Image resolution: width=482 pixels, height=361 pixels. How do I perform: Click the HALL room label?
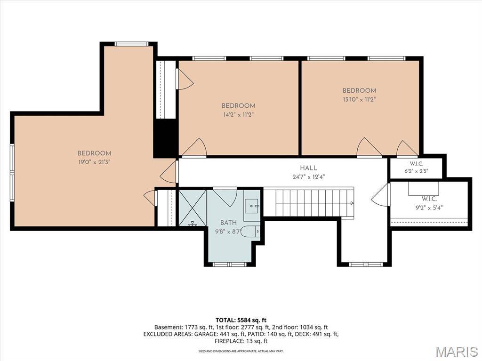pyautogui.click(x=308, y=168)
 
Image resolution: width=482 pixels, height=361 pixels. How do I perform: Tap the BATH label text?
pyautogui.click(x=228, y=223)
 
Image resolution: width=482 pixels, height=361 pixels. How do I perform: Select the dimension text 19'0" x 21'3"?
pyautogui.click(x=94, y=162)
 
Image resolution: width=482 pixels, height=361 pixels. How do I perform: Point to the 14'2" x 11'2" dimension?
pyautogui.click(x=239, y=115)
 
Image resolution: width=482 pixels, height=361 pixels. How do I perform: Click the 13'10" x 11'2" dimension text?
pyautogui.click(x=359, y=99)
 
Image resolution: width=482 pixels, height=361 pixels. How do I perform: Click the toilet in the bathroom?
pyautogui.click(x=250, y=232)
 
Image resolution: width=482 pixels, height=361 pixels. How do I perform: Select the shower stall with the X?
pyautogui.click(x=193, y=208)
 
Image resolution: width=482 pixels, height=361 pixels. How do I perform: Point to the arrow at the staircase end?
pyautogui.click(x=352, y=203)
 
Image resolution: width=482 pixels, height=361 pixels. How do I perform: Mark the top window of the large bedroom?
pyautogui.click(x=131, y=44)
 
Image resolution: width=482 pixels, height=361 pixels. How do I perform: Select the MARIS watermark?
pyautogui.click(x=457, y=351)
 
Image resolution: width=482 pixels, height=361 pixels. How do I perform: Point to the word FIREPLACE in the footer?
pyautogui.click(x=228, y=341)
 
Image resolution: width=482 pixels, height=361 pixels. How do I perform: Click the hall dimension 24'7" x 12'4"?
pyautogui.click(x=308, y=177)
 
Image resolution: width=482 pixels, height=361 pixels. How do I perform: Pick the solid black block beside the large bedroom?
pyautogui.click(x=165, y=138)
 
